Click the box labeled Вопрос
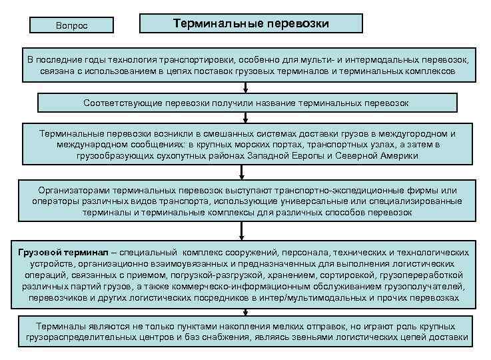(x=71, y=25)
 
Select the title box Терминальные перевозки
(x=250, y=23)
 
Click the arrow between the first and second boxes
(x=246, y=86)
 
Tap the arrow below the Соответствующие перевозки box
(x=246, y=117)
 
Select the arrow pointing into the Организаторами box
(x=246, y=171)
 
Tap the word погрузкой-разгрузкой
(x=199, y=275)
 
